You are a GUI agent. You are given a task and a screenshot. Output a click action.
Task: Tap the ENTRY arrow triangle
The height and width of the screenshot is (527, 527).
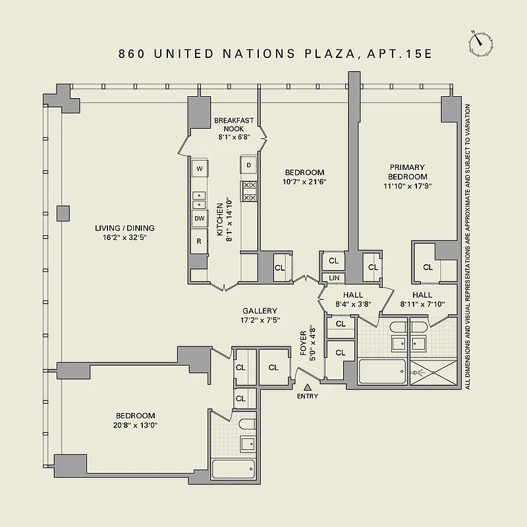307,387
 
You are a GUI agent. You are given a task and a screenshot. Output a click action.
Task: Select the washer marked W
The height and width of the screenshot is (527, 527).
199,169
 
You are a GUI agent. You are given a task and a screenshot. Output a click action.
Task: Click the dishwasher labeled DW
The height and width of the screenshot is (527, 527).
199,219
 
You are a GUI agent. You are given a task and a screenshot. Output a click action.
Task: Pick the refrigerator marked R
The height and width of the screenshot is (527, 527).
199,241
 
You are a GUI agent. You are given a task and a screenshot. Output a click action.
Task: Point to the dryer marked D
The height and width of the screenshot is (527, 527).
249,165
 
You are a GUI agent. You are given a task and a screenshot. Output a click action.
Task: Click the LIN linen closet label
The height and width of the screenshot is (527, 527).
333,278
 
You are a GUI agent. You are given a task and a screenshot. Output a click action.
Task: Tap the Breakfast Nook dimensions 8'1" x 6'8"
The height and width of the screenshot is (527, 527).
234,137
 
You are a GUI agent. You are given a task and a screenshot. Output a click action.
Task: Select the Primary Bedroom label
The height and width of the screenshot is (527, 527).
407,172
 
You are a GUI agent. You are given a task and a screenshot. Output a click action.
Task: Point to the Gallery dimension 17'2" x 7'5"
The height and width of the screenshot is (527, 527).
260,320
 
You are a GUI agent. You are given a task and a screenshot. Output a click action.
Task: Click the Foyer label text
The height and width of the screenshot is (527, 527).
304,343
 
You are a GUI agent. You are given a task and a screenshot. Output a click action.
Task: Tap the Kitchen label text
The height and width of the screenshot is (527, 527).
221,220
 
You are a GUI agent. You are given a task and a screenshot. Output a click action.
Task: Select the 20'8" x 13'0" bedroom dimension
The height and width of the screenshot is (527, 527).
135,425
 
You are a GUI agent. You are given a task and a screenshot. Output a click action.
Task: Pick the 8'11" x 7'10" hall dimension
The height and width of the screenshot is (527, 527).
422,304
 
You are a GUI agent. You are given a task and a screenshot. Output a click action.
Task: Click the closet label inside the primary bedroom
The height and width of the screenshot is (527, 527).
428,267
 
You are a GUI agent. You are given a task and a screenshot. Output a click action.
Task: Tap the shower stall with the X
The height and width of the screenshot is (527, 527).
433,372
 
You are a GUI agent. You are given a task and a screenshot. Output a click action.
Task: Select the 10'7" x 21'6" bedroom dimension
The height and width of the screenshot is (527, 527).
304,181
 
